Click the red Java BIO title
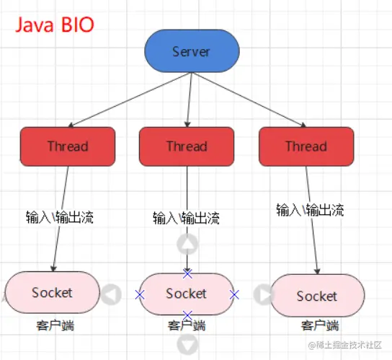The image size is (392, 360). tap(55, 25)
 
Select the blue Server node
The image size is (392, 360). tap(192, 51)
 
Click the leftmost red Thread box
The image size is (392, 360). tap(68, 146)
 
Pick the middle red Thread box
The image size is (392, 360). tap(187, 146)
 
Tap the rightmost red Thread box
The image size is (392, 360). tap(306, 146)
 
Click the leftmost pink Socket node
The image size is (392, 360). tap(53, 292)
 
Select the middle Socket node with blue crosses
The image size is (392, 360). tap(187, 294)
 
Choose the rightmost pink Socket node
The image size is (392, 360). tap(317, 296)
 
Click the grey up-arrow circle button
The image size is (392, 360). tap(187, 244)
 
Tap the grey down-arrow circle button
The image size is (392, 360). tap(187, 345)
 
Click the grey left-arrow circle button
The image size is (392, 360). tap(111, 294)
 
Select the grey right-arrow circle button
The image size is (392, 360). tap(264, 294)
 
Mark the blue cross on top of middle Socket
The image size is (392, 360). tap(187, 273)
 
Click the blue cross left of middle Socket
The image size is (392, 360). tap(140, 294)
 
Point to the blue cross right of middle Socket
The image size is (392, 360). tap(234, 294)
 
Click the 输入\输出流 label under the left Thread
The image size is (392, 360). tap(60, 217)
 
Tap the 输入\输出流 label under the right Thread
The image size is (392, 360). tap(310, 210)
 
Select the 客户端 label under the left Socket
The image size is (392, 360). tap(55, 325)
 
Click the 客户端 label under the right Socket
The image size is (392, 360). tap(320, 325)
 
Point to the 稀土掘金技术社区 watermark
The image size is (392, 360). tap(345, 345)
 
